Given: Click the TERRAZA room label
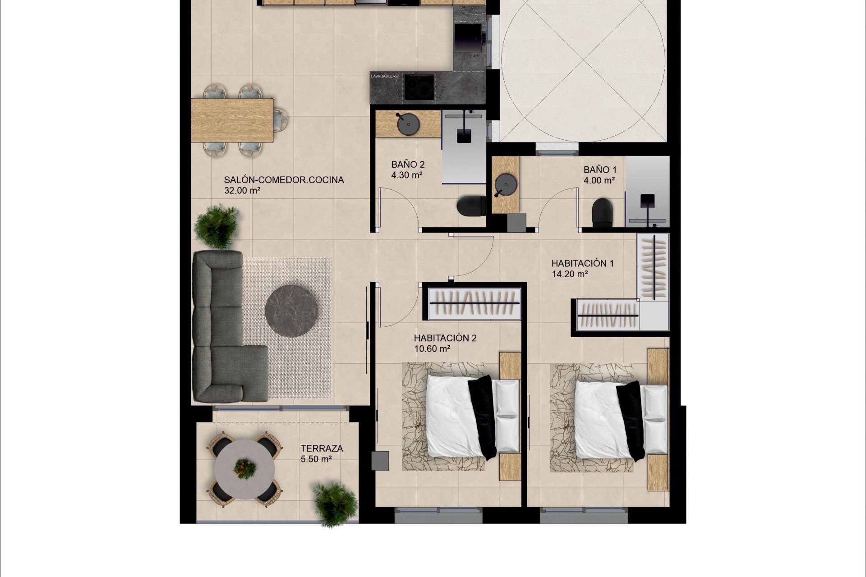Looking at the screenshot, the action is [x=322, y=449].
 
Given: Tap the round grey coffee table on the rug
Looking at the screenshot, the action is [x=291, y=311].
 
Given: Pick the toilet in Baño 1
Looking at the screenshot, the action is [x=602, y=212].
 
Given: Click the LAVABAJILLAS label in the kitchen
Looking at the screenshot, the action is [x=384, y=76].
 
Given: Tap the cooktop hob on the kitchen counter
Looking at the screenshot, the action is [x=419, y=87].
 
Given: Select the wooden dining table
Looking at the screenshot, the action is [x=232, y=120].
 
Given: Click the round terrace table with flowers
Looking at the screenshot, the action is [x=244, y=470].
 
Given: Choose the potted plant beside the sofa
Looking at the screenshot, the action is [x=217, y=226].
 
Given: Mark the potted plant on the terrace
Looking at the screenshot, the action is [x=336, y=504].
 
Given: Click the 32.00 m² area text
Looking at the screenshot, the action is [x=242, y=190].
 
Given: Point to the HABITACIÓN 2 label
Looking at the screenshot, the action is [x=445, y=338].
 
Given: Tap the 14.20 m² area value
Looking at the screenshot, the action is [x=570, y=274].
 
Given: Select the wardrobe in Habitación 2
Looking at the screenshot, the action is [x=474, y=304].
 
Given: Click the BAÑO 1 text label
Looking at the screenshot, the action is [x=600, y=170].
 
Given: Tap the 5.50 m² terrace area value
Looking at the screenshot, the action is [x=316, y=459].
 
